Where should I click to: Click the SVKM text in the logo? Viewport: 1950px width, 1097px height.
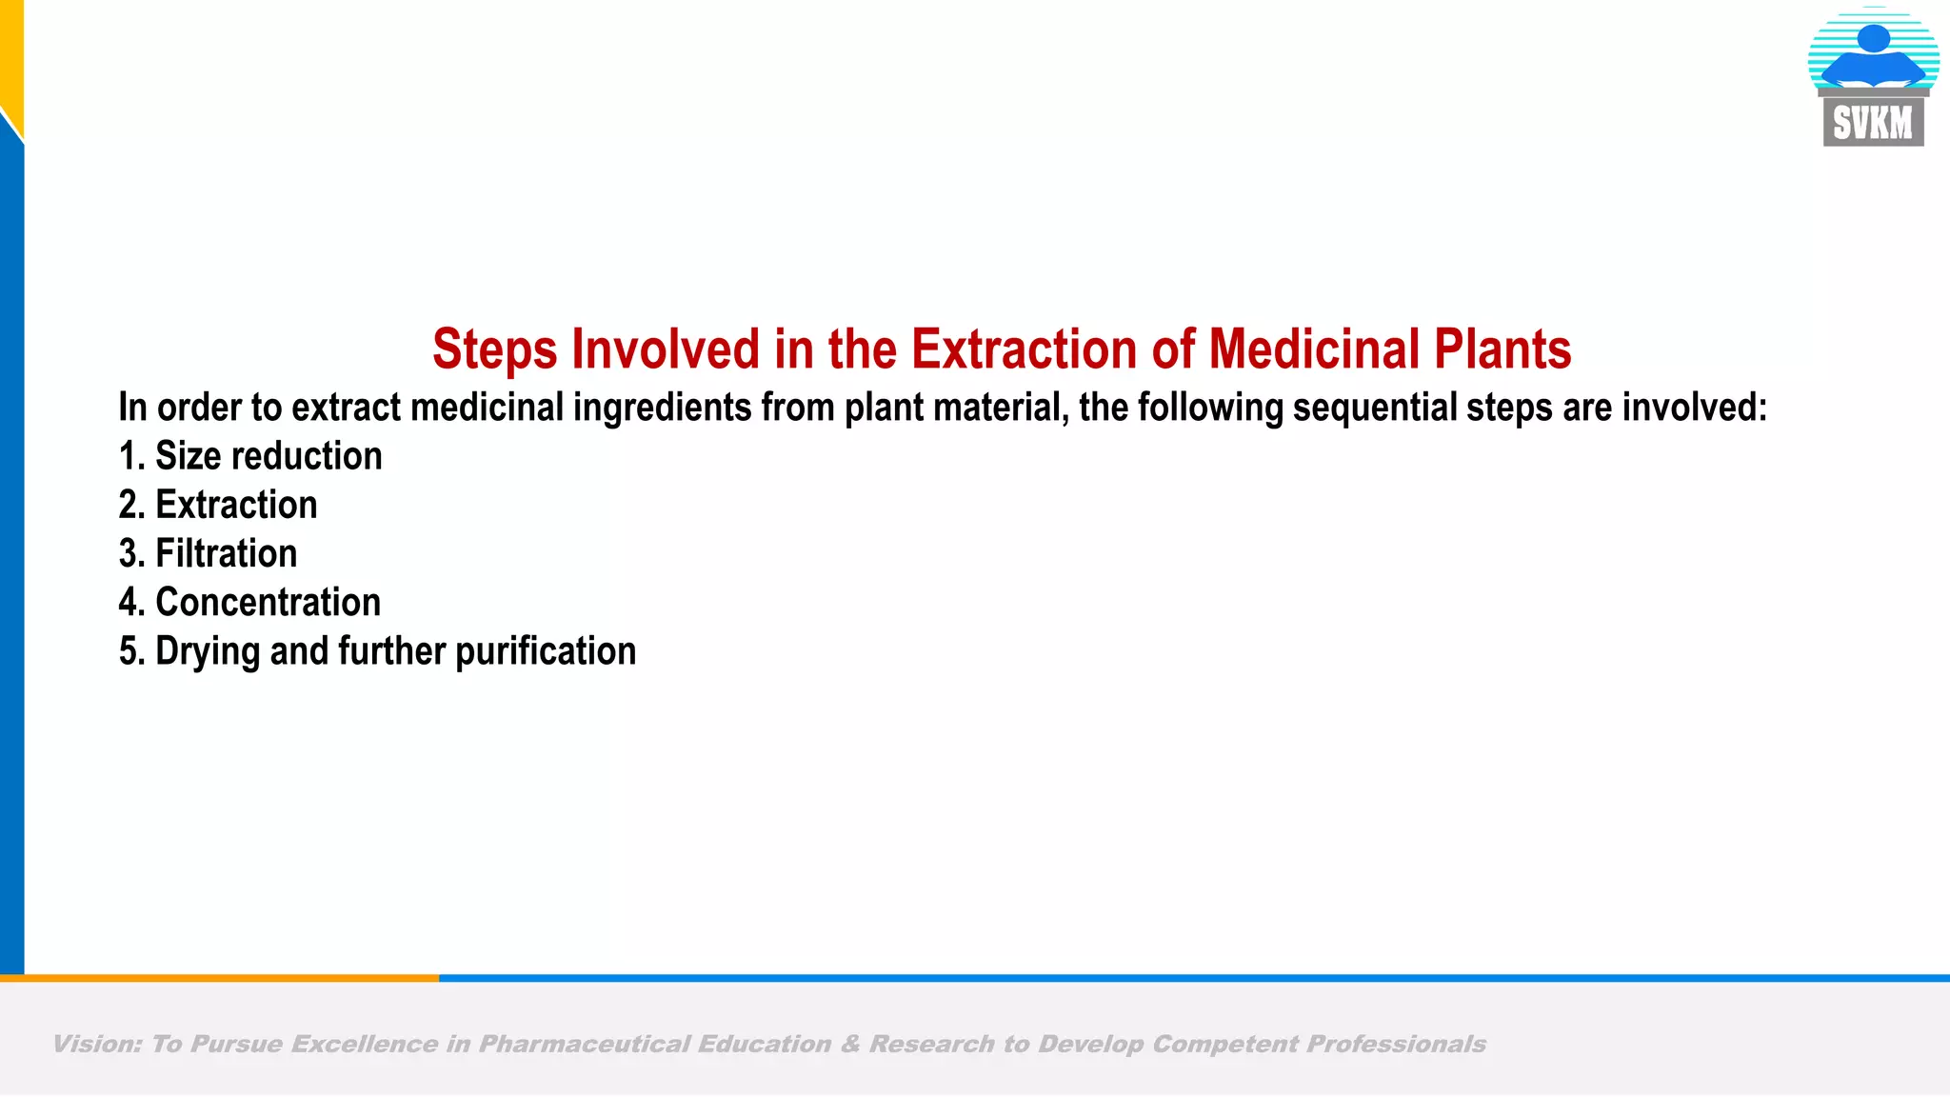[x=1873, y=124]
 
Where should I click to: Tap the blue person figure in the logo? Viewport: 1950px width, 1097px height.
[x=1873, y=57]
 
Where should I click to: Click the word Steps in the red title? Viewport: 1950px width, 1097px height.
[x=494, y=349]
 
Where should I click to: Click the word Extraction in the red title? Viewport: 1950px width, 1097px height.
[x=1025, y=349]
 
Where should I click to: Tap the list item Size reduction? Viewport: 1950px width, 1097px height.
[x=268, y=456]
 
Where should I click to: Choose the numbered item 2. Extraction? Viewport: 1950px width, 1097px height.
[x=218, y=505]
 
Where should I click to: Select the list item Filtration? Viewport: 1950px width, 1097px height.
[x=226, y=554]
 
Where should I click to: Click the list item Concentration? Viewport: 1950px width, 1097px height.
[x=268, y=603]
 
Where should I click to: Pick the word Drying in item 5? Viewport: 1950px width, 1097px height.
[x=208, y=652]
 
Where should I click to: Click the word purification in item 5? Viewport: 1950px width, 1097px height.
[x=546, y=652]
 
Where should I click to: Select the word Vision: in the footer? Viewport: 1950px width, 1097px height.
[x=96, y=1045]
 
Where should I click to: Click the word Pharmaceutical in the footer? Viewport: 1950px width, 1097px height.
[x=584, y=1045]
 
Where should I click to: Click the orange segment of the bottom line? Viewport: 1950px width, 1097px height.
[x=219, y=978]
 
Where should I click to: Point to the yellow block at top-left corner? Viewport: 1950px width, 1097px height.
[x=10, y=52]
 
